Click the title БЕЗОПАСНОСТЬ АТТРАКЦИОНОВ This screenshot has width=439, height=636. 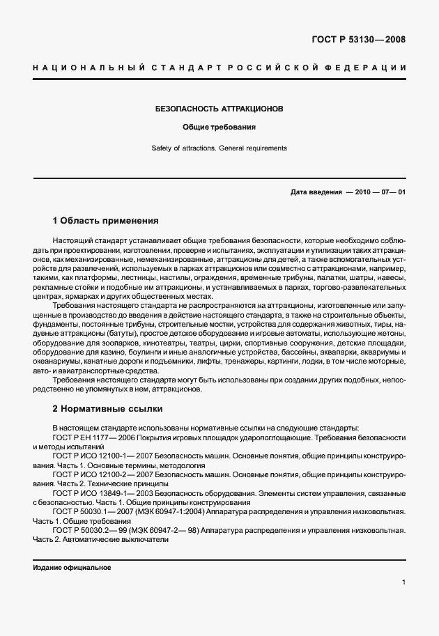(x=219, y=109)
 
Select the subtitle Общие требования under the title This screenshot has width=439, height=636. (x=219, y=128)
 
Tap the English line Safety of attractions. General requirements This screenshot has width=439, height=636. (x=219, y=148)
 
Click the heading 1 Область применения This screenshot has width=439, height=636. (x=105, y=221)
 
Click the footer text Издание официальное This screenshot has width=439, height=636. (x=72, y=568)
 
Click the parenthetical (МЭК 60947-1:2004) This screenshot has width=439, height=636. (x=171, y=511)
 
